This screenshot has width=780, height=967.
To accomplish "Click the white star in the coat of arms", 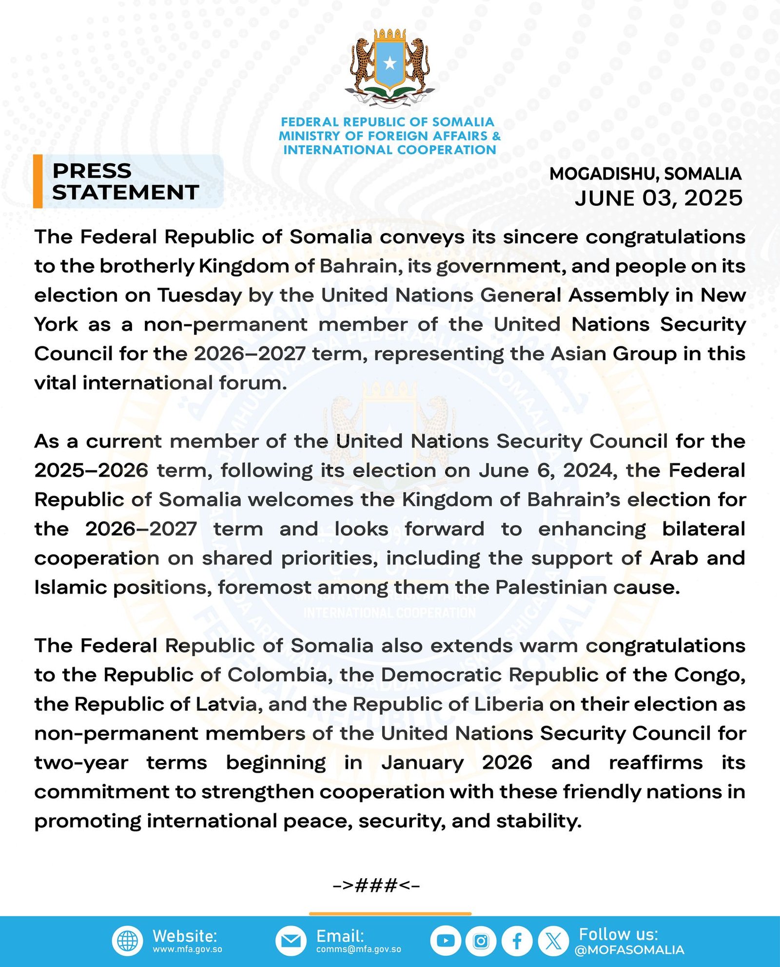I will pyautogui.click(x=390, y=63).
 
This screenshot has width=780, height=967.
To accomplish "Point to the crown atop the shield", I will pyautogui.click(x=390, y=36).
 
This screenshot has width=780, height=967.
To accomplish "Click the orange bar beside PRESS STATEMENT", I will pyautogui.click(x=38, y=181).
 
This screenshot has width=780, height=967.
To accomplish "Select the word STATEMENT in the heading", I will pyautogui.click(x=125, y=193).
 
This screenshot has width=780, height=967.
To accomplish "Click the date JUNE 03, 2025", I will pyautogui.click(x=658, y=198).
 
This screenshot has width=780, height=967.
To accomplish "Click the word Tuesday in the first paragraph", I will pyautogui.click(x=199, y=296).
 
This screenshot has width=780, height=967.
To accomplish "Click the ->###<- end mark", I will pyautogui.click(x=376, y=885).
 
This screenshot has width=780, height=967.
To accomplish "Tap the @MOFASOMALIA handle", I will pyautogui.click(x=629, y=950).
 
